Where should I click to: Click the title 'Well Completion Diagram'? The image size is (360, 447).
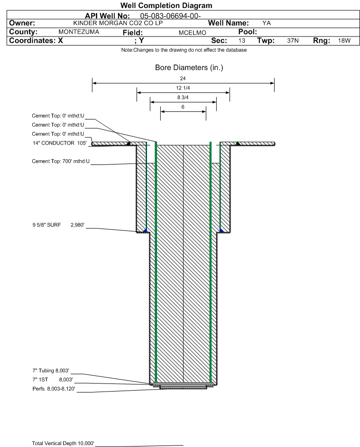point(166,6)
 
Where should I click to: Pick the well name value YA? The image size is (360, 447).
point(267,23)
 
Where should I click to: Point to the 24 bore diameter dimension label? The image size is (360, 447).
point(183,80)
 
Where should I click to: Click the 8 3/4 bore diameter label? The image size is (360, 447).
point(183,97)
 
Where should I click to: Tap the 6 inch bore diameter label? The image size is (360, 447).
point(183,107)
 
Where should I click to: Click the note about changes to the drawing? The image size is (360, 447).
point(184,50)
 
